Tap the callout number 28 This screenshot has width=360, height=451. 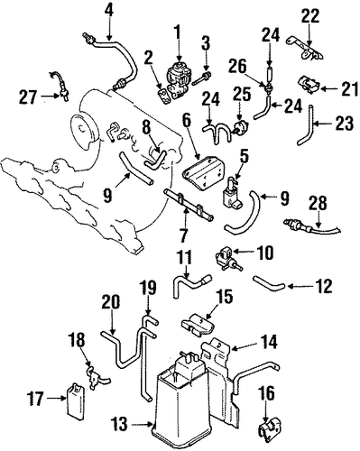(x=318, y=204)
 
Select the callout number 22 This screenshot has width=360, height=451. (x=310, y=16)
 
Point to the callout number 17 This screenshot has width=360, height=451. (x=36, y=399)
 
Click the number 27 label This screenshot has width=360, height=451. (x=28, y=97)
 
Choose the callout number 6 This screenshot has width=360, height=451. (x=187, y=121)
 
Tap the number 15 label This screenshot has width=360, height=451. (x=225, y=297)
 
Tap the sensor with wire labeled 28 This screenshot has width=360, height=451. (x=311, y=227)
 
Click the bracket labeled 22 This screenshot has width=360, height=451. (x=305, y=49)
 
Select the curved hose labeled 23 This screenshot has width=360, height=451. (x=307, y=125)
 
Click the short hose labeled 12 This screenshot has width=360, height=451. (x=268, y=283)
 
